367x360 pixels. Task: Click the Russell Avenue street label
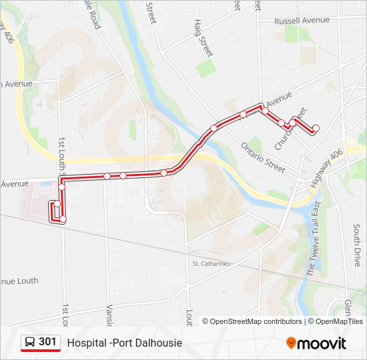pos(302,21)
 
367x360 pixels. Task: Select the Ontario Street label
pos(263,155)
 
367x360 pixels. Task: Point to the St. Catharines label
pos(211,263)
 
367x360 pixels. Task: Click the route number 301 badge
pos(47,342)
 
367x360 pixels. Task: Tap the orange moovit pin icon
pos(291,343)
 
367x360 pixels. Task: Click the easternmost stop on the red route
pos(316,128)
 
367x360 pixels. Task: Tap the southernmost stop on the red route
pos(63,219)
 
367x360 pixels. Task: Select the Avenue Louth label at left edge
pos(19,281)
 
